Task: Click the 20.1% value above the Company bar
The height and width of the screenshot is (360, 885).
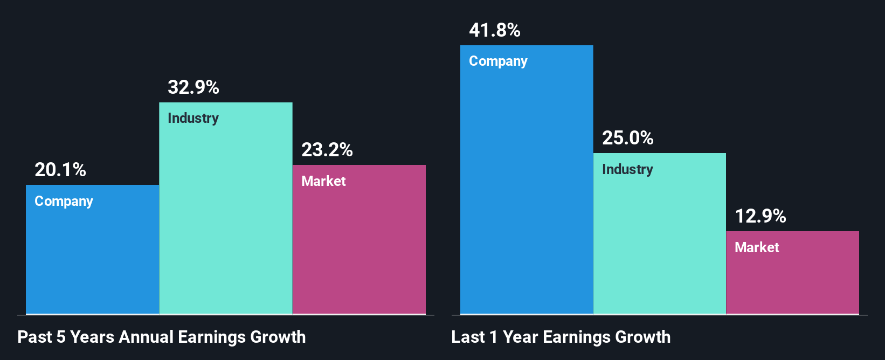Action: tap(60, 170)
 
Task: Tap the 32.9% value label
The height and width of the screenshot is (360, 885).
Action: tap(193, 87)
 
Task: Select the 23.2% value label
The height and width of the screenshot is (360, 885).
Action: tap(327, 150)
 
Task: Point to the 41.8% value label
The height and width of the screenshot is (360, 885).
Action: tap(495, 30)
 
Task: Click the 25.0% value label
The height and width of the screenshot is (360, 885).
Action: tap(628, 138)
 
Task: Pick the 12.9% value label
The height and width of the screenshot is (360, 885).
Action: tap(760, 216)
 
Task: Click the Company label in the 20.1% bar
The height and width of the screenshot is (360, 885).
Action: tap(64, 201)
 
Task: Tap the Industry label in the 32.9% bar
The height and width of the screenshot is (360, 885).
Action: tap(193, 118)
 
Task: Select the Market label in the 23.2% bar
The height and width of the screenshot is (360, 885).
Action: tap(323, 181)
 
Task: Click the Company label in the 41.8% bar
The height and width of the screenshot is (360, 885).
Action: tap(498, 61)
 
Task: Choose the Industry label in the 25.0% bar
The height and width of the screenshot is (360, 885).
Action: tap(627, 169)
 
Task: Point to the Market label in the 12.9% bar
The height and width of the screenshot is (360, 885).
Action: tap(757, 247)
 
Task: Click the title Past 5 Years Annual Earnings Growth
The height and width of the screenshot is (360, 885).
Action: tap(162, 337)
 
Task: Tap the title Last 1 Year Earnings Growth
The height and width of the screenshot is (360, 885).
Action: tap(561, 337)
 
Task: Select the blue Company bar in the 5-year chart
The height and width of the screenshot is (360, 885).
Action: tap(92, 259)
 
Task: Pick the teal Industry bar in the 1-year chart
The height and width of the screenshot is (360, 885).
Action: tap(660, 243)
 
